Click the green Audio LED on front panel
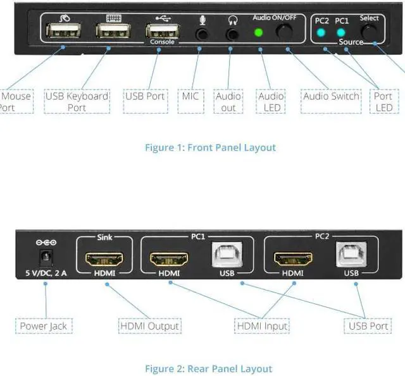tap(258, 32)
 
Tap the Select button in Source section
tap(369, 32)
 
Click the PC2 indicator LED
tap(322, 32)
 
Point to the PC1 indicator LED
tap(342, 32)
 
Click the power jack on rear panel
tap(45, 258)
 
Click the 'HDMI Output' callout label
tap(150, 326)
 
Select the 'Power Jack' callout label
tap(43, 326)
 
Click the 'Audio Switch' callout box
tap(331, 97)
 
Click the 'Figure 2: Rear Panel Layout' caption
tap(209, 368)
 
